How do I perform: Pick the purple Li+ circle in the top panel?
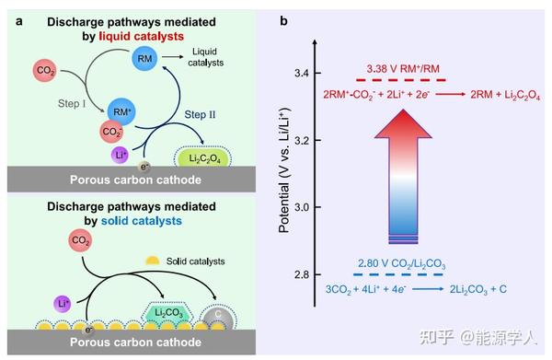[121, 155]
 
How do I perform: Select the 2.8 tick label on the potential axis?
[300, 274]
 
